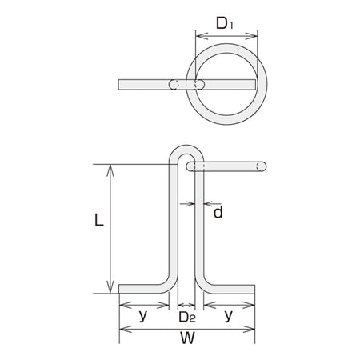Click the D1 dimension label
click(x=225, y=23)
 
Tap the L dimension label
click(x=99, y=220)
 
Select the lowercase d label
click(x=218, y=212)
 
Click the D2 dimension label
click(x=187, y=317)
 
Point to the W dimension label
click(x=187, y=338)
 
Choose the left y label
click(x=143, y=316)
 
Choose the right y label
click(x=229, y=316)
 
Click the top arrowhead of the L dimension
click(x=110, y=170)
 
